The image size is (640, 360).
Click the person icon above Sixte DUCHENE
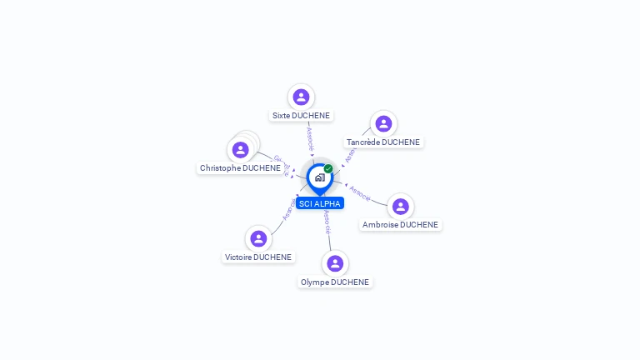click(301, 97)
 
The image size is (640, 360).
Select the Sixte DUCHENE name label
click(301, 116)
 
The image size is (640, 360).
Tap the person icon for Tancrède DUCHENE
click(383, 123)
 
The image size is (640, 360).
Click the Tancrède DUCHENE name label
click(383, 142)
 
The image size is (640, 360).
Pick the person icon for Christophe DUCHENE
click(241, 150)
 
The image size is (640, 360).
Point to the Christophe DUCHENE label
click(240, 168)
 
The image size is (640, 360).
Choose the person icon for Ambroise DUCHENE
click(400, 206)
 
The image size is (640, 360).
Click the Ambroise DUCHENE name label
click(400, 225)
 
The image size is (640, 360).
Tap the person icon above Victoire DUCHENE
click(258, 238)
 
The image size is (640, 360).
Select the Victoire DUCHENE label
click(258, 257)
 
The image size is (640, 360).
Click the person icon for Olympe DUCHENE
click(335, 263)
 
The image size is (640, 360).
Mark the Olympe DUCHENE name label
click(334, 282)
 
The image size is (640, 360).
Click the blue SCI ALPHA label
click(320, 203)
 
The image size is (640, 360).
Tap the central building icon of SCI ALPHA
click(319, 177)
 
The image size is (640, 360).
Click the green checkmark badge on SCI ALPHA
click(328, 168)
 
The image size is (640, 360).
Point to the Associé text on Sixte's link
click(310, 136)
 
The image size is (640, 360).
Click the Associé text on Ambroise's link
click(360, 192)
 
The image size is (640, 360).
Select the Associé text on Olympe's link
click(327, 221)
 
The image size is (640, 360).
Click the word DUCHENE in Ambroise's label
click(418, 225)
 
